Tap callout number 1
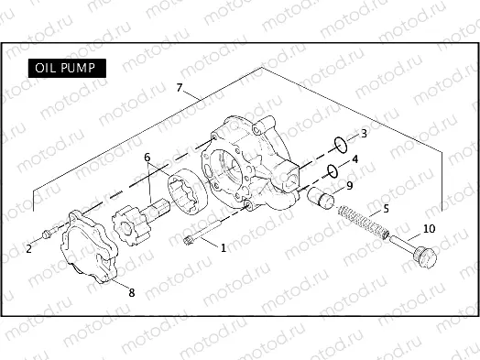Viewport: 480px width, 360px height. click(222, 247)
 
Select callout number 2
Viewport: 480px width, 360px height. click(28, 248)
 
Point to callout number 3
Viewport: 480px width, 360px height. click(365, 134)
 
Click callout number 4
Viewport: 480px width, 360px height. click(355, 159)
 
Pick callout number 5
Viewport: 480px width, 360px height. click(386, 209)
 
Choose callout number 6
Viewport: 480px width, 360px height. click(147, 158)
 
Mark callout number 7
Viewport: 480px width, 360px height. click(180, 89)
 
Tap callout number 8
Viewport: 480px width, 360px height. click(131, 293)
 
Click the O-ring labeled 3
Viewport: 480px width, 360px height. click(340, 143)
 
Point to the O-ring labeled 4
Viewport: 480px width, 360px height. click(333, 169)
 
